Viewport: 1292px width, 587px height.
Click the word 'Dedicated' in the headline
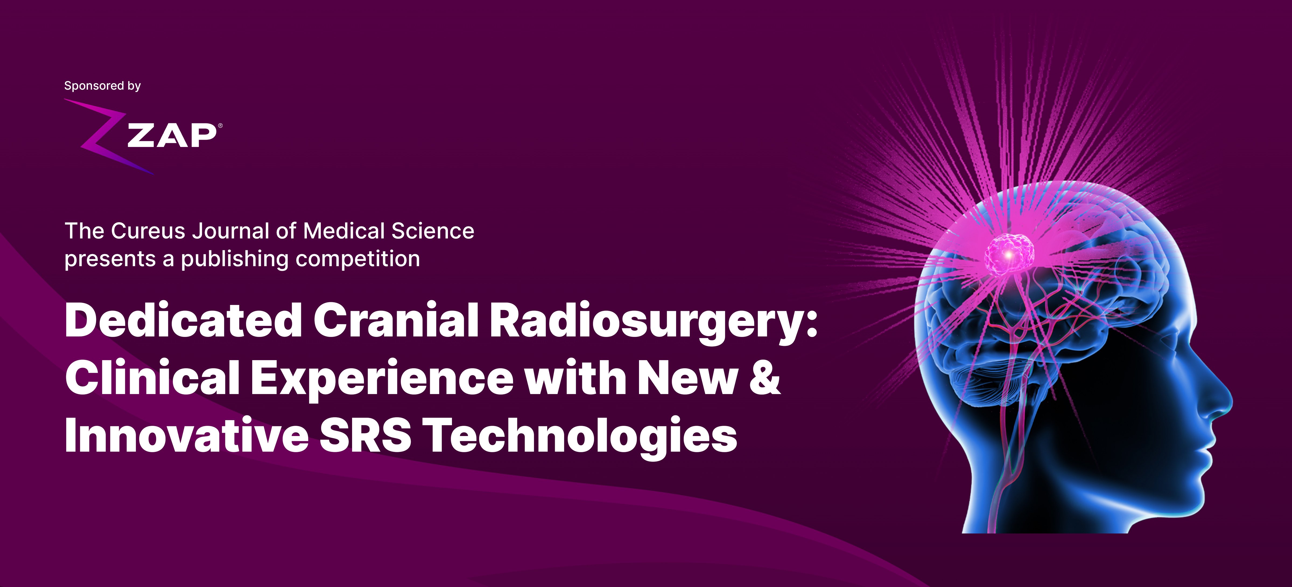tap(184, 320)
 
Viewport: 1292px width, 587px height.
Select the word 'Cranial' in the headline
tap(396, 320)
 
